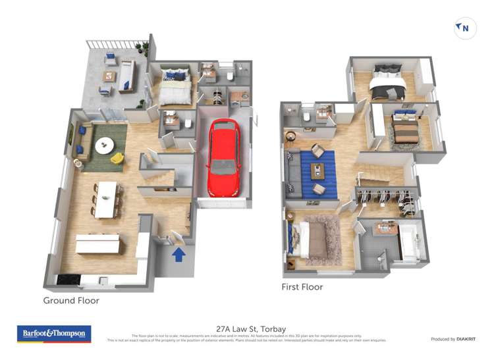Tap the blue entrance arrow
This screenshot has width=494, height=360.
178,254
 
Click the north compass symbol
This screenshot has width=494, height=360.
464,28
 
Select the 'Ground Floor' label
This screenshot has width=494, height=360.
71,301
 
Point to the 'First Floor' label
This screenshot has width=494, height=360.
302,287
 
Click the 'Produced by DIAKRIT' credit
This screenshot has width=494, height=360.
454,339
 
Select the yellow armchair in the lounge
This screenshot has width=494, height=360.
117,158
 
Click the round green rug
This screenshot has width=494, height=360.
104,145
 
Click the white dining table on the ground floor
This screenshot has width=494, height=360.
106,199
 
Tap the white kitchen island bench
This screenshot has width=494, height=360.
97,244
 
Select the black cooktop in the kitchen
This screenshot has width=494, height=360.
68,279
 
